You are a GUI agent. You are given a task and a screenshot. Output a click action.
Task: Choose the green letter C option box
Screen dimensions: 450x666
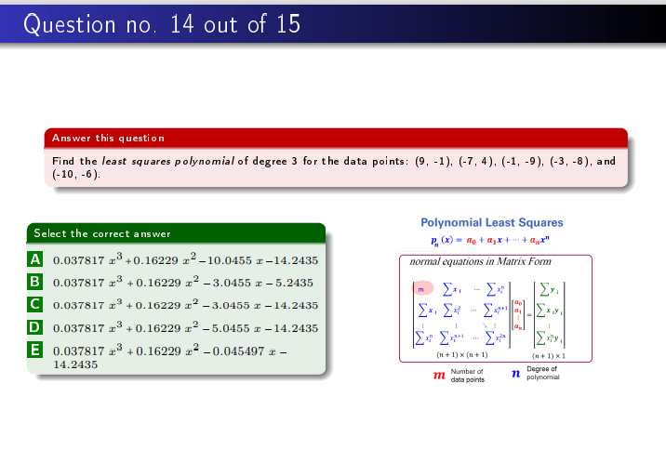click(x=35, y=304)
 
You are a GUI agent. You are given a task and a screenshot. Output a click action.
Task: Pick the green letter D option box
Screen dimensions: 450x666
click(x=35, y=327)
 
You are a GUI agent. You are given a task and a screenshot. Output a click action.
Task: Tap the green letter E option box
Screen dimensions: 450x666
click(x=35, y=350)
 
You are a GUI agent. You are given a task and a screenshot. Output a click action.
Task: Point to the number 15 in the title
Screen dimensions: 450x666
click(x=286, y=24)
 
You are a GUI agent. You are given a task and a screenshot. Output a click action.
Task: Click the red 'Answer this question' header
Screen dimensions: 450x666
click(x=108, y=138)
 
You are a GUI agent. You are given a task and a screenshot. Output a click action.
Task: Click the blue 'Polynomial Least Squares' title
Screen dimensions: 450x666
click(x=492, y=223)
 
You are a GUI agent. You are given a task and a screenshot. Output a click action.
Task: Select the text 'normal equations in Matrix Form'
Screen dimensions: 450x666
click(x=480, y=261)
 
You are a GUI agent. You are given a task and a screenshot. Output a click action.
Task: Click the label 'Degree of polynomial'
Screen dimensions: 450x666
click(x=543, y=373)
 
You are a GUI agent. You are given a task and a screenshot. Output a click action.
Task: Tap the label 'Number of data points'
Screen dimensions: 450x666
click(x=467, y=376)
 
